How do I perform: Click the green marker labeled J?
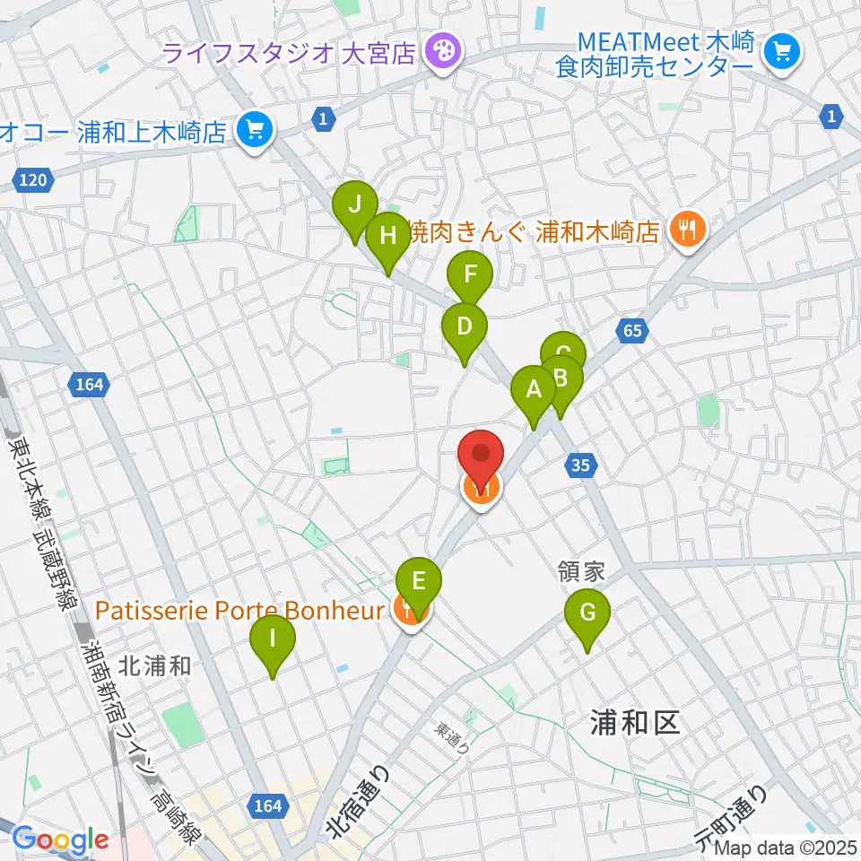(x=355, y=206)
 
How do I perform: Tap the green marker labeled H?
(x=387, y=237)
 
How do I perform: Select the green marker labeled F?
(x=471, y=270)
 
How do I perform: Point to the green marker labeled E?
(x=419, y=581)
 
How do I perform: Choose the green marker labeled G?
(x=587, y=614)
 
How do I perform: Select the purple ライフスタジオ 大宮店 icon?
(x=441, y=49)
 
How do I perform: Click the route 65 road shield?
(x=632, y=331)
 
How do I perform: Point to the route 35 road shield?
(x=581, y=464)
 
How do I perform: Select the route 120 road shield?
(x=33, y=181)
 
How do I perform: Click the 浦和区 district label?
(x=637, y=723)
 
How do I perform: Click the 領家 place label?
(x=583, y=572)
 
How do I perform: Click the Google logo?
(x=59, y=840)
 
